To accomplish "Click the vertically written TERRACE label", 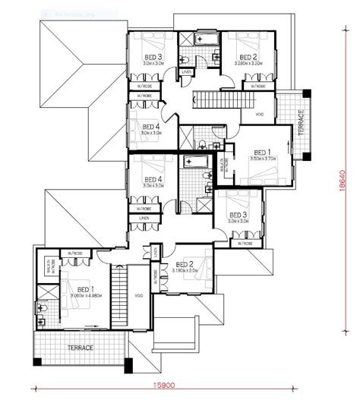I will (x=301, y=121).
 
